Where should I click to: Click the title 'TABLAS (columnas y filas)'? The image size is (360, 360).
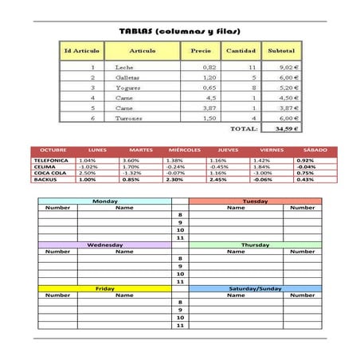point(179,31)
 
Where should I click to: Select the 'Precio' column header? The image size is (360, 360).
point(202,51)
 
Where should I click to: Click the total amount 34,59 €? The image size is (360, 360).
point(285,127)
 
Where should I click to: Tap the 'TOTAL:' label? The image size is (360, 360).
point(243,127)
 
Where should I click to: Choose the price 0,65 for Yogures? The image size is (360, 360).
point(209,88)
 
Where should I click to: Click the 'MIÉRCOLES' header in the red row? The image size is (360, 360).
point(184,150)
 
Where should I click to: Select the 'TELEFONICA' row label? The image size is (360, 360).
point(51,160)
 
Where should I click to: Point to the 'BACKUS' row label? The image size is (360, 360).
point(45,179)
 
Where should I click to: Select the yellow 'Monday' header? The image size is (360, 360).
point(104,202)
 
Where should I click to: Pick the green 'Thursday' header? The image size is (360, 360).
point(255,245)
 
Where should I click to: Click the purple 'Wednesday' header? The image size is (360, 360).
point(104,245)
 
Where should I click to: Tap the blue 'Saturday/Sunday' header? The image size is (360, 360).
point(255,288)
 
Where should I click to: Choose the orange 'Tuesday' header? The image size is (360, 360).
point(255,202)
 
